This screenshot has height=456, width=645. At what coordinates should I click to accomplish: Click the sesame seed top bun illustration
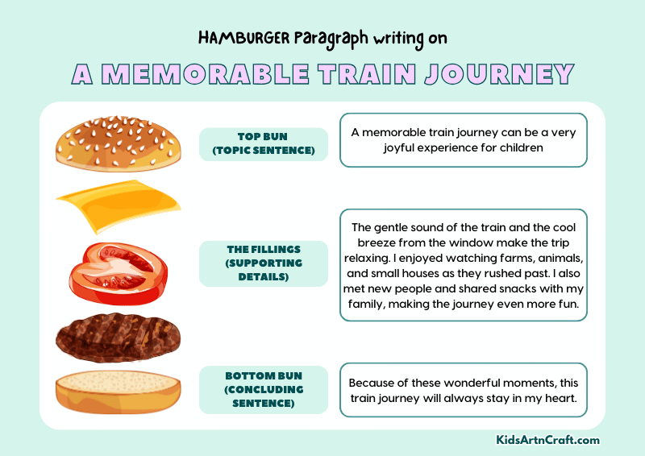tap(116, 143)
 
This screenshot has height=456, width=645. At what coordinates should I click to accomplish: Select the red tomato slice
tap(117, 267)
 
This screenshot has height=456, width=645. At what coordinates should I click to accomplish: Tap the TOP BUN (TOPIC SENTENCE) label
tap(263, 143)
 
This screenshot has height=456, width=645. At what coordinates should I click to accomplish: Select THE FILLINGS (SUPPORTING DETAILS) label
tap(263, 263)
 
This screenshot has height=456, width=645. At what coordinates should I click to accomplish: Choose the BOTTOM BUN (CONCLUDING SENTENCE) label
tap(263, 389)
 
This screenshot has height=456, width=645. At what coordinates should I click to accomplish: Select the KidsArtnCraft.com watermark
tap(547, 440)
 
